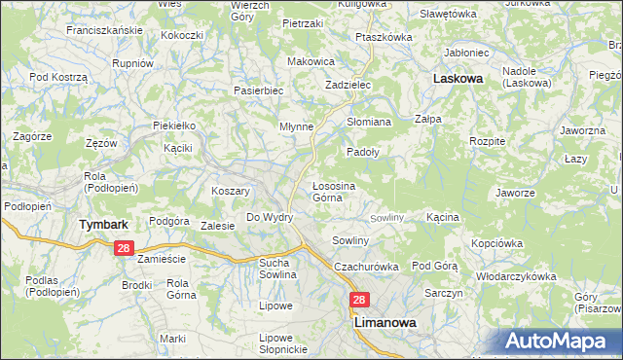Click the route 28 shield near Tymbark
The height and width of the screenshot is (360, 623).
click(x=123, y=248)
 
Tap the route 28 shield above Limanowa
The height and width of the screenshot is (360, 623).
click(x=359, y=302)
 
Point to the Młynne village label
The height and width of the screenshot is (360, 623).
click(x=296, y=126)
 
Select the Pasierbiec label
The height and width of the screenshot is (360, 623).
click(x=258, y=90)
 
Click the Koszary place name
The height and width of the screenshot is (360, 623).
click(x=232, y=191)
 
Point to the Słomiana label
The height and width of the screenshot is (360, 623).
click(x=369, y=122)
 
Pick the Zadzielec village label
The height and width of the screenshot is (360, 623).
click(x=348, y=85)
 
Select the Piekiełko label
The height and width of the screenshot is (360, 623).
click(x=175, y=126)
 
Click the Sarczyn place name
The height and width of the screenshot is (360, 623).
click(x=442, y=293)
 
